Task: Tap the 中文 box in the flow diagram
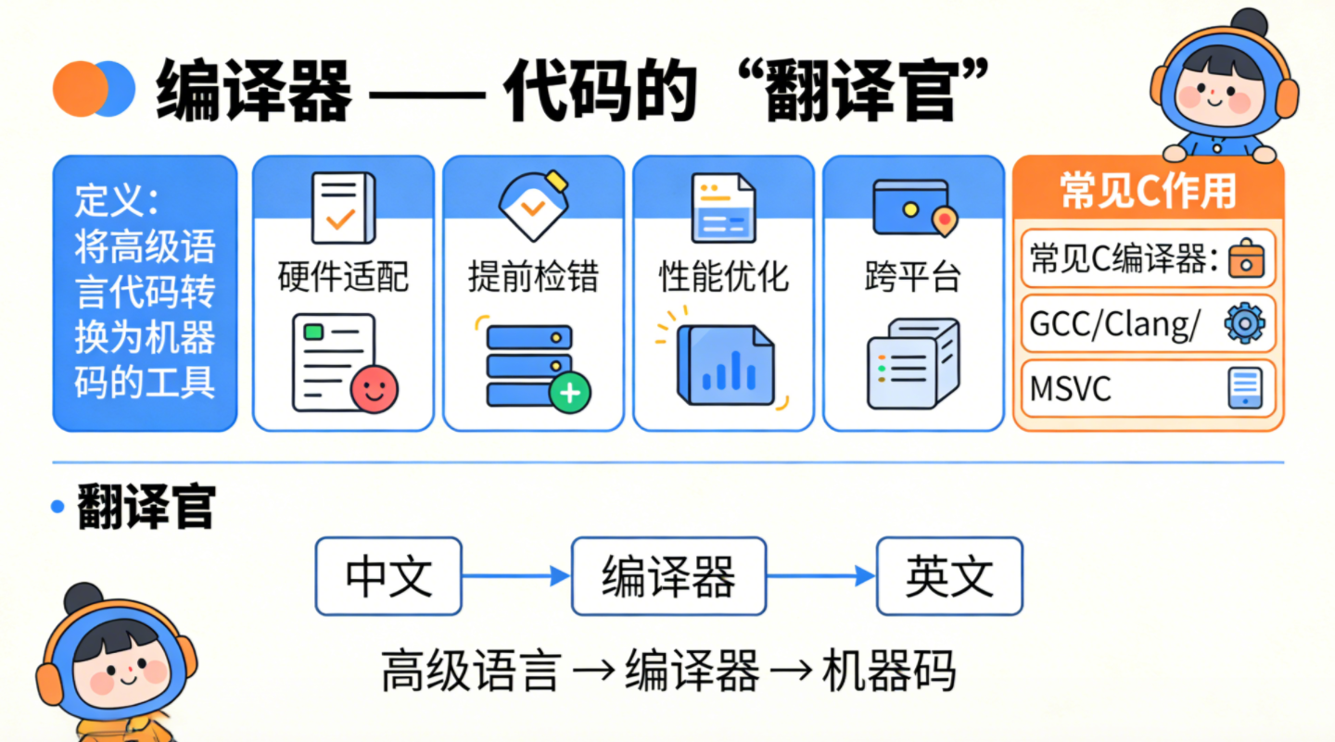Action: [388, 576]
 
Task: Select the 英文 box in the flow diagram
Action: [949, 576]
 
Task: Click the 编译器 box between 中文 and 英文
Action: [668, 576]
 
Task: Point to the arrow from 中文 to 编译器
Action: [515, 576]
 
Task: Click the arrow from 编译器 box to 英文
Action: [821, 576]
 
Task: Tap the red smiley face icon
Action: [375, 388]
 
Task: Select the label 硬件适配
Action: [343, 276]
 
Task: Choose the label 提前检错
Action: [533, 276]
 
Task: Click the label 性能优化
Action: [723, 276]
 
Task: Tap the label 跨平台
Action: [913, 276]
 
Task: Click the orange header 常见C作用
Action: [1148, 191]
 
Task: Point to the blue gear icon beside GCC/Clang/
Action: [1244, 324]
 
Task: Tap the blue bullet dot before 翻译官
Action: [58, 506]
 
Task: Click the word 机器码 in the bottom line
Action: [888, 672]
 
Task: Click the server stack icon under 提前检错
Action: [528, 364]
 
